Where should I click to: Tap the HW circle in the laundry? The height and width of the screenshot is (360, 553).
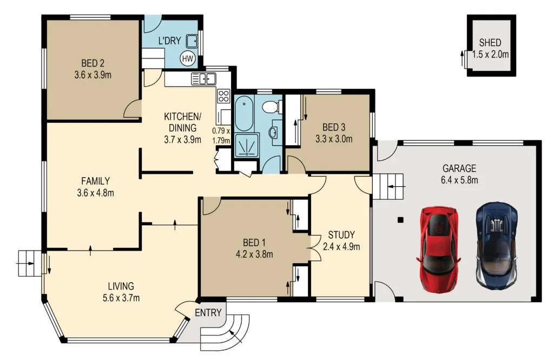tap(188, 58)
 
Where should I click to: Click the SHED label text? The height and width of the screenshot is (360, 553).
tap(490, 43)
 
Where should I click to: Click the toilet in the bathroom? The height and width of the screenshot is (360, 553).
tap(271, 107)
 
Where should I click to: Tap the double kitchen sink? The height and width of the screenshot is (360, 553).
tap(203, 79)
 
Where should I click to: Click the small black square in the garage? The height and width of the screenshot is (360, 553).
tap(400, 220)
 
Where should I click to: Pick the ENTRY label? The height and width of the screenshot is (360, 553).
tap(208, 312)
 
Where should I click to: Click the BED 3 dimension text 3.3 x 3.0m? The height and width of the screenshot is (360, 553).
tap(334, 139)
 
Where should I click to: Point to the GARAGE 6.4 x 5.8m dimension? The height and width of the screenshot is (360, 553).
tap(459, 179)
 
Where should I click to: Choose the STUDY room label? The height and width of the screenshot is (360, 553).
tap(341, 235)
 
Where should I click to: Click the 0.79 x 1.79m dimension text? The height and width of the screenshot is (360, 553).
tap(221, 135)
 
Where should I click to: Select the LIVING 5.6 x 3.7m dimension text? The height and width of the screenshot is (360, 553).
tap(120, 297)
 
